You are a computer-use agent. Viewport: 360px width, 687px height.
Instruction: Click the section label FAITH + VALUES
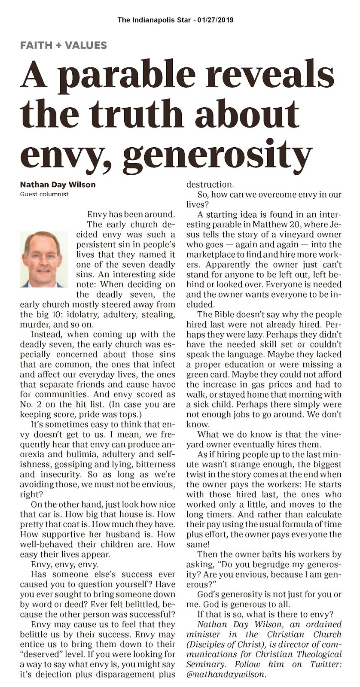point(64,45)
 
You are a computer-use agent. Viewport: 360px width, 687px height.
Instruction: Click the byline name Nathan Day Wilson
point(58,185)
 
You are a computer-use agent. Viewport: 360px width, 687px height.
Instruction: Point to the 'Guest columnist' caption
point(45,194)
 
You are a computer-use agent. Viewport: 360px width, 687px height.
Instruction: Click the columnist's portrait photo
point(43,259)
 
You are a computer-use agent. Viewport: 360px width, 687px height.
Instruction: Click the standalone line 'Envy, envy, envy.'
point(65,564)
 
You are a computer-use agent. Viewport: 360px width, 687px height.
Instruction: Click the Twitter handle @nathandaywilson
point(226,674)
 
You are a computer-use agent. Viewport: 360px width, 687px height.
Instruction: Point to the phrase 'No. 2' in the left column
point(31,404)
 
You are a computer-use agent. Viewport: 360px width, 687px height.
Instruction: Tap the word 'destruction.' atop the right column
point(210,185)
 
